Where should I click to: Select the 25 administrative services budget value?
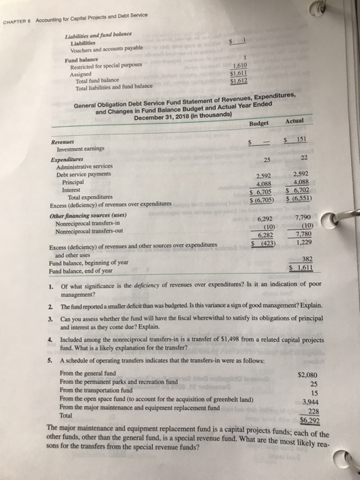[267, 159]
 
